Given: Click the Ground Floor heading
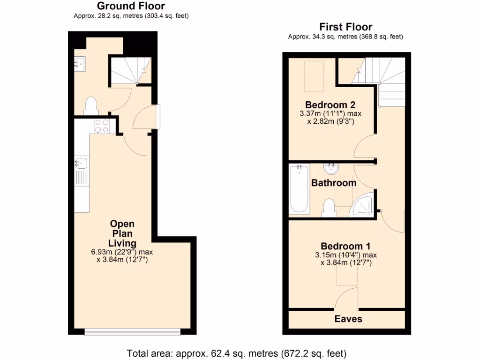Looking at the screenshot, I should pyautogui.click(x=131, y=6).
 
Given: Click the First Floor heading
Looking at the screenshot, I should pyautogui.click(x=345, y=27).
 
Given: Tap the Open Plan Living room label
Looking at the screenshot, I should pyautogui.click(x=122, y=233).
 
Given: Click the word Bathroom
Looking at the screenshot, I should pyautogui.click(x=333, y=183).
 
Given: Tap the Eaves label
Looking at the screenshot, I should pyautogui.click(x=348, y=319).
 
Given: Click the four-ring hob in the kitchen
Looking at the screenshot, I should pyautogui.click(x=102, y=126).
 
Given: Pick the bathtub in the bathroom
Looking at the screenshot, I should pyautogui.click(x=299, y=188).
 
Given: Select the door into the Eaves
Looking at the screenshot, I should pyautogui.click(x=347, y=300).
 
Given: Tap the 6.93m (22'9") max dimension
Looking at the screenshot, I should pyautogui.click(x=122, y=252).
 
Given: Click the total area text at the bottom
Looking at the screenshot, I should pyautogui.click(x=237, y=352).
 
